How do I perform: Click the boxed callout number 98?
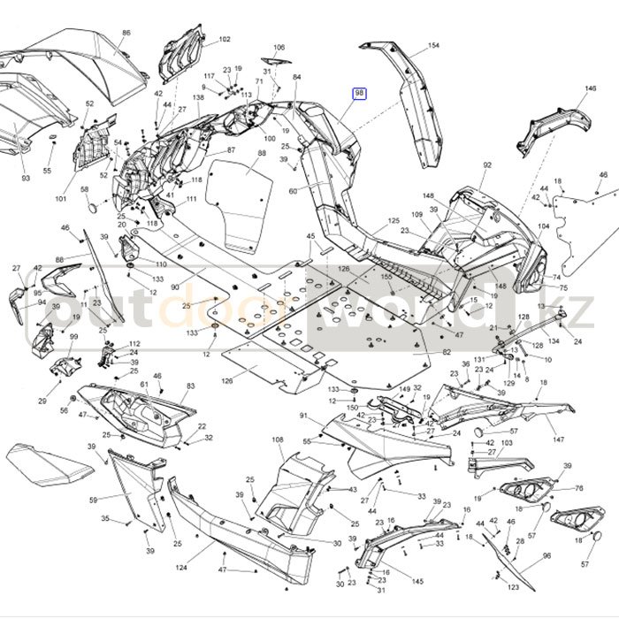point(360,94)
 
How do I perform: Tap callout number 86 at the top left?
point(126,33)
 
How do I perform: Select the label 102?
point(225,40)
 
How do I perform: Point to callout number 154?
point(433,45)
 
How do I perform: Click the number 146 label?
point(592,89)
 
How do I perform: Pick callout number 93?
point(26,179)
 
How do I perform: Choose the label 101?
point(60,199)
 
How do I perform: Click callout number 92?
point(486,165)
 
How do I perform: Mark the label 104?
point(543,225)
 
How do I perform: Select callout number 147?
point(559,439)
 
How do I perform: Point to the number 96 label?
point(546,555)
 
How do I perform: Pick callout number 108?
point(277,439)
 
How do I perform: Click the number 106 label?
point(279,47)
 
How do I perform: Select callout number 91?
point(302,416)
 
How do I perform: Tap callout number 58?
point(85,190)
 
